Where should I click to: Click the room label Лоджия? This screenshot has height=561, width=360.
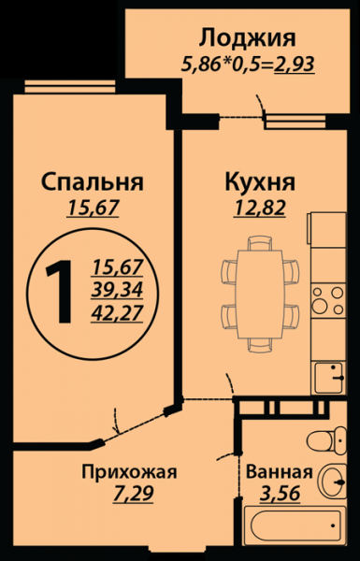click(x=247, y=38)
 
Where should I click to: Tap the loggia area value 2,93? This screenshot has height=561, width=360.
click(x=295, y=65)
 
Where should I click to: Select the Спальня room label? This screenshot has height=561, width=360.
click(x=93, y=182)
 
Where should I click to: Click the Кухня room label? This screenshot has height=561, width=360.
click(x=260, y=182)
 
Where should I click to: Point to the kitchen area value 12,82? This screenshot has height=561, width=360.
click(x=260, y=208)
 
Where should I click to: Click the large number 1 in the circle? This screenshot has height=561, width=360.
click(x=60, y=292)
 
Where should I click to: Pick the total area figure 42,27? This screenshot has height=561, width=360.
click(x=117, y=314)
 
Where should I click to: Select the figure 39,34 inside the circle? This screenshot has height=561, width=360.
click(x=117, y=291)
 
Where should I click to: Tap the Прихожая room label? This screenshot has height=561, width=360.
click(x=129, y=473)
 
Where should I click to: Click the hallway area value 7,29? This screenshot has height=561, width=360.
click(x=133, y=495)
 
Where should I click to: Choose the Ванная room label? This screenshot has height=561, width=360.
click(x=280, y=472)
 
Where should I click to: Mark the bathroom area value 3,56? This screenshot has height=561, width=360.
click(x=280, y=494)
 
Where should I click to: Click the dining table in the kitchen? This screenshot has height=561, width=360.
click(x=260, y=295)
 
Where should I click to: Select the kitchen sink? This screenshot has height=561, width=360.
click(x=329, y=378)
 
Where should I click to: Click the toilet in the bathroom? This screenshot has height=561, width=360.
click(x=326, y=440)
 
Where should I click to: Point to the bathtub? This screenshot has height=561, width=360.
click(x=295, y=525)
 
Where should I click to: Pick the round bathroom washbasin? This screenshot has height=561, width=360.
click(x=333, y=482)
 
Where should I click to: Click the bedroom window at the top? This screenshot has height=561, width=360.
click(x=70, y=87)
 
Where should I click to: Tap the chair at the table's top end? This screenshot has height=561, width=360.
click(x=260, y=243)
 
